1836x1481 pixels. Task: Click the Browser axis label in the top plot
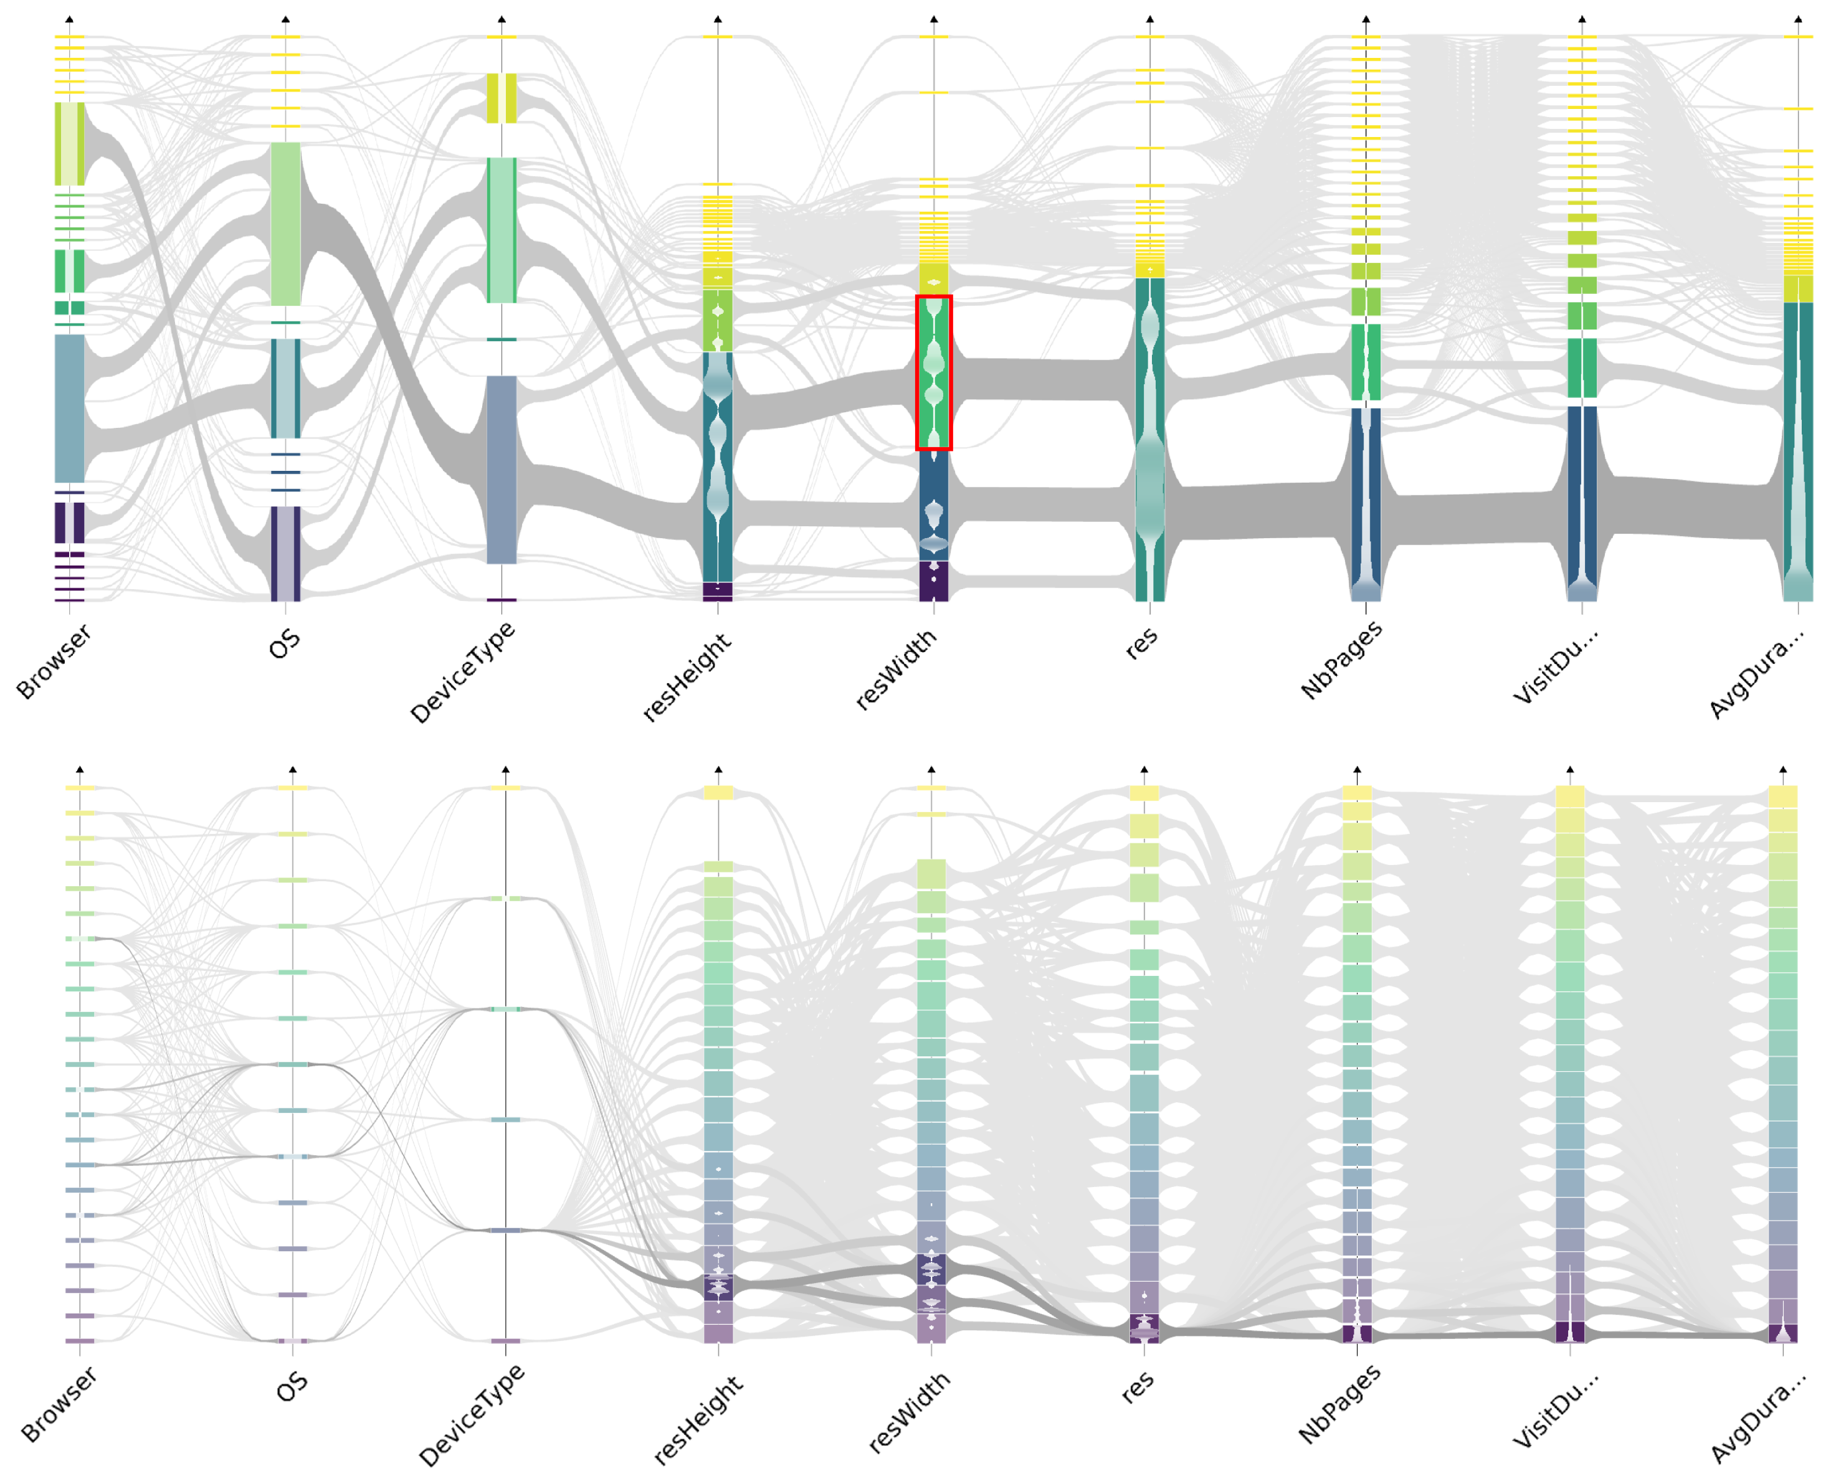click(53, 661)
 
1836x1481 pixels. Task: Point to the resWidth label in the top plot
click(895, 670)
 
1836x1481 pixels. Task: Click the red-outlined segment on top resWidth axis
click(933, 373)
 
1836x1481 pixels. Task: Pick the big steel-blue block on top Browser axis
click(69, 408)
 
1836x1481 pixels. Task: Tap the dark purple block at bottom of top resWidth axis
click(933, 581)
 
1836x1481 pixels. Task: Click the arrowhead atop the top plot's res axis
click(1149, 19)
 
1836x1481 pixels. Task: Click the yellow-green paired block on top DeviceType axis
click(502, 98)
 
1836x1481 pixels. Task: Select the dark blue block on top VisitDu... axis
click(1582, 503)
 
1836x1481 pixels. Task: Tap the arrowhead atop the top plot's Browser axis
click(69, 19)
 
